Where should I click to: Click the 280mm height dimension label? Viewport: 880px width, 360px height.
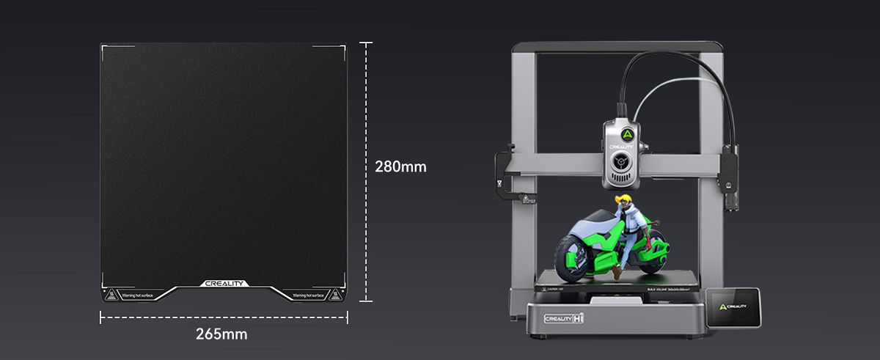pos(400,166)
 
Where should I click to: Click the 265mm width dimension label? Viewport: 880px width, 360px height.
pos(221,334)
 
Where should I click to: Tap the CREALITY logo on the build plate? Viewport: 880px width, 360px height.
pos(224,284)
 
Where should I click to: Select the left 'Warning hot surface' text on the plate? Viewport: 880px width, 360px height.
pos(137,295)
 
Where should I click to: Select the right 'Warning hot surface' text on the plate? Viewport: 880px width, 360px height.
pos(309,295)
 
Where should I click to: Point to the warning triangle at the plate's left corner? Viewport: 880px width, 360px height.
pos(109,295)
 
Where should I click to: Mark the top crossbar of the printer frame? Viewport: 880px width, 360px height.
pos(616,48)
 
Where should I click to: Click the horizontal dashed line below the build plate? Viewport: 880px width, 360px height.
pos(224,317)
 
